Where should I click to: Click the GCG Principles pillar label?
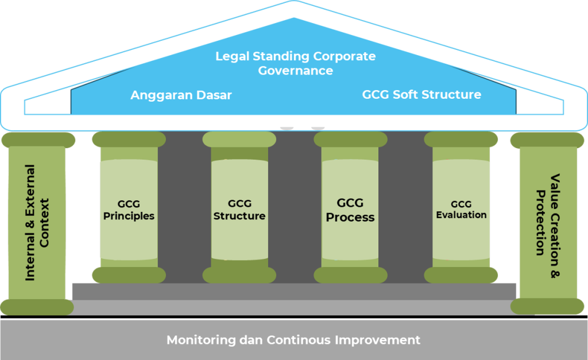click(128, 210)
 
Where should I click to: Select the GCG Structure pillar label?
click(239, 210)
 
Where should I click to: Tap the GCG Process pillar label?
click(350, 210)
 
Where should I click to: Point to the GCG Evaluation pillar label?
click(461, 210)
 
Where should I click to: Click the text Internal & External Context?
click(37, 223)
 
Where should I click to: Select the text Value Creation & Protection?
click(547, 223)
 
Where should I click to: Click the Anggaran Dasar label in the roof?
click(181, 95)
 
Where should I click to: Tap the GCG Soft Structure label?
click(421, 94)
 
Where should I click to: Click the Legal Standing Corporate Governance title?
click(295, 63)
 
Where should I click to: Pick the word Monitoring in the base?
click(199, 340)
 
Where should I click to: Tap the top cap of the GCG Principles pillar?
click(129, 139)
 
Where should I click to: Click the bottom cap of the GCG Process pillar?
click(350, 275)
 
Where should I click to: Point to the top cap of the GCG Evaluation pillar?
click(462, 139)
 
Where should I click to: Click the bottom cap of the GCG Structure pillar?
click(239, 275)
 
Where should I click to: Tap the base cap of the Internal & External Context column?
click(37, 307)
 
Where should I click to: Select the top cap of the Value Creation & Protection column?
click(547, 140)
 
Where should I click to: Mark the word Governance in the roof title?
click(295, 71)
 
